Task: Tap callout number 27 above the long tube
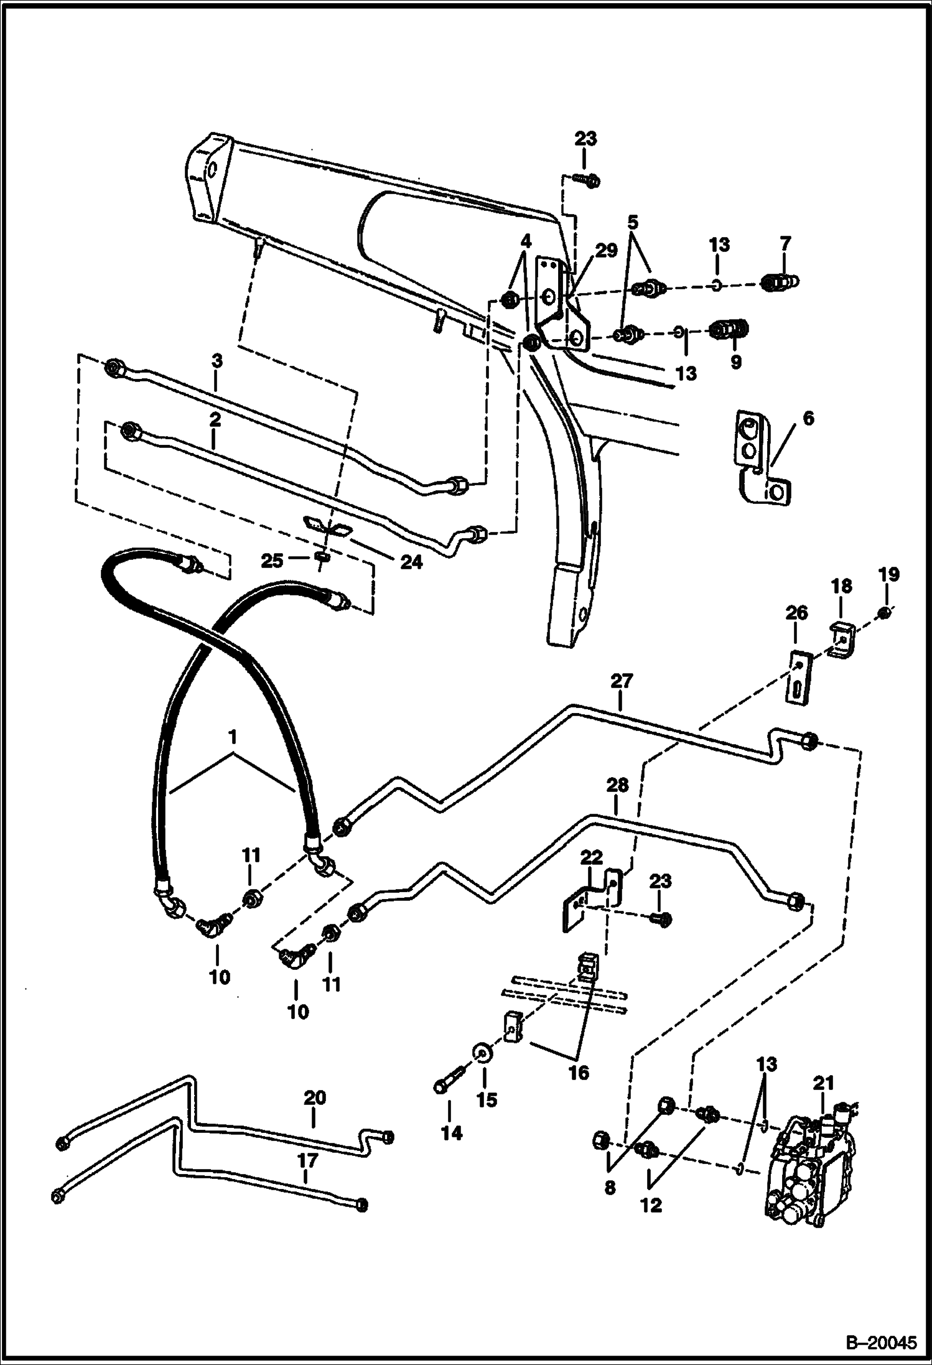tap(621, 682)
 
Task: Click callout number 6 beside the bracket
tap(808, 419)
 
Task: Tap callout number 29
tap(607, 251)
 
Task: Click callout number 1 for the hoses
tap(233, 738)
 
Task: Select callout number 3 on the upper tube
tap(217, 361)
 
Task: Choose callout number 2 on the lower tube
tap(215, 419)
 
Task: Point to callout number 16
tap(579, 1074)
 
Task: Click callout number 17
tap(308, 1160)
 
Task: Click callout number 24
tap(411, 563)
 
